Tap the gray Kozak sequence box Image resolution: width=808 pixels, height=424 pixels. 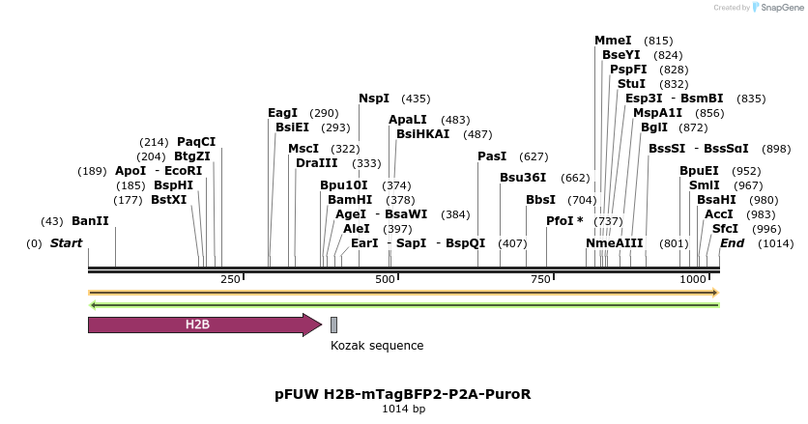(x=333, y=325)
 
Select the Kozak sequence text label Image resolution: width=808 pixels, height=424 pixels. (x=376, y=345)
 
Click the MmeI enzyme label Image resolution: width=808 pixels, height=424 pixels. (x=613, y=41)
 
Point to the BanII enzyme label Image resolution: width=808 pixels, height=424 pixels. (x=90, y=221)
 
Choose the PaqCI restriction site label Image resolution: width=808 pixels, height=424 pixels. (x=196, y=142)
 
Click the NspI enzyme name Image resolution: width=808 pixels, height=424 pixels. (x=374, y=99)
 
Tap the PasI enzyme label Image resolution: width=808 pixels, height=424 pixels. (x=492, y=156)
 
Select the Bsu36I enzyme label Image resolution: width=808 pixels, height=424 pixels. (x=523, y=178)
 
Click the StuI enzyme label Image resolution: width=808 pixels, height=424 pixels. (x=631, y=84)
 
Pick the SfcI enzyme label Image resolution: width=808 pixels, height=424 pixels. (x=725, y=229)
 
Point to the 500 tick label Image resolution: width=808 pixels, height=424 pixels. (x=385, y=279)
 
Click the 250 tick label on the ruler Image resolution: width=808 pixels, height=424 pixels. (x=230, y=279)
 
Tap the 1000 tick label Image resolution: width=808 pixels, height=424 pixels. (x=693, y=279)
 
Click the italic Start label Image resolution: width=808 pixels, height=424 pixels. (x=67, y=243)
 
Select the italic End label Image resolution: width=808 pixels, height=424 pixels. (x=732, y=243)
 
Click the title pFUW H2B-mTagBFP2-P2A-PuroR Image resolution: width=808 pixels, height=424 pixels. (x=403, y=394)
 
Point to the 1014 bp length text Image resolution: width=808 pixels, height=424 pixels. (x=403, y=410)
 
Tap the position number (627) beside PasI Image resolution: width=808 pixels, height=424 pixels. (x=534, y=156)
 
